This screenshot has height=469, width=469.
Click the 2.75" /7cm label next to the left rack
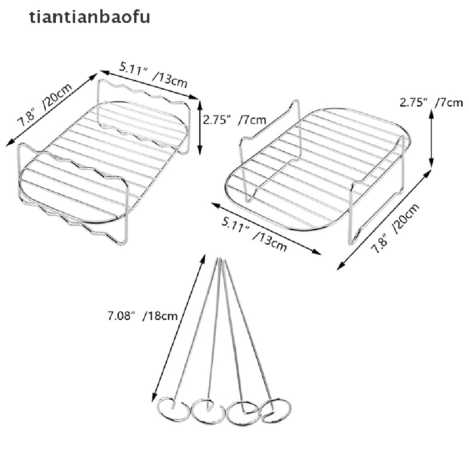(234, 120)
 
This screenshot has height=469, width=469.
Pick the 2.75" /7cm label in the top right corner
(431, 102)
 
